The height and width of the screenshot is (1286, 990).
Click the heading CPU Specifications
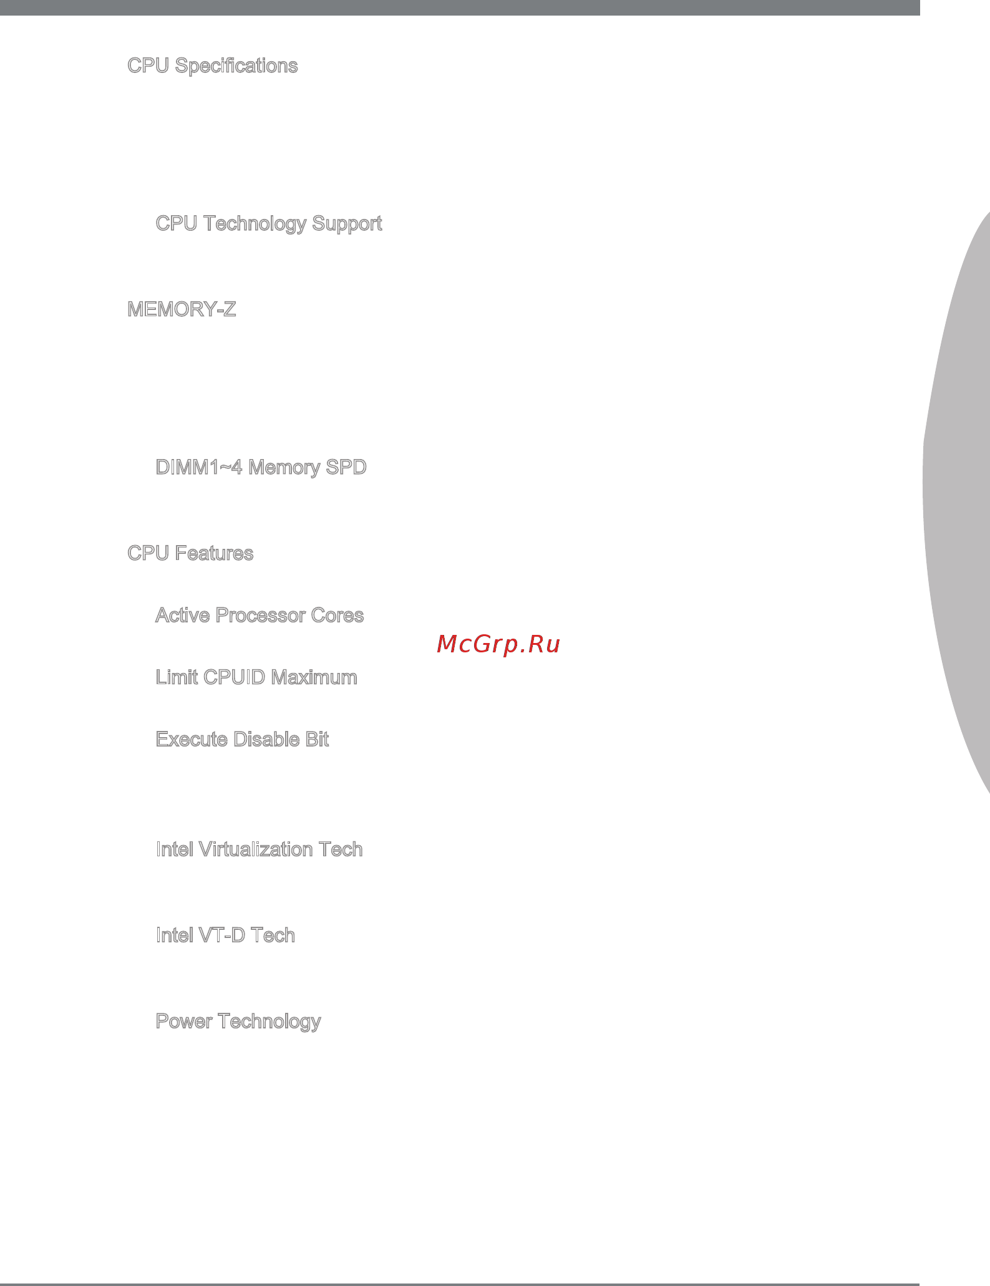[x=212, y=66]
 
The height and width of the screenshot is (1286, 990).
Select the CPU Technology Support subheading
[x=268, y=224]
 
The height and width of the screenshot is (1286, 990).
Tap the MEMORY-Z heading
[x=182, y=309]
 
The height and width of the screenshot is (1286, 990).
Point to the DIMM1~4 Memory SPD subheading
[x=261, y=467]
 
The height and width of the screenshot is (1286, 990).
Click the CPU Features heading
[x=190, y=553]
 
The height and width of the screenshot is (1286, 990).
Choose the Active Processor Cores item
[x=260, y=616]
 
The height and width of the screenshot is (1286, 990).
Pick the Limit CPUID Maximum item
[x=256, y=677]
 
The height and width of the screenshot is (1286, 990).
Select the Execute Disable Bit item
[x=242, y=739]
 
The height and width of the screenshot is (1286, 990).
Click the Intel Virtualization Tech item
[x=259, y=849]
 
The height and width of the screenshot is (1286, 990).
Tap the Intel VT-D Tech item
[x=225, y=935]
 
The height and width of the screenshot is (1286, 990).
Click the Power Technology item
[x=238, y=1022]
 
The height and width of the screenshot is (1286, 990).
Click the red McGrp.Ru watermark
[x=498, y=644]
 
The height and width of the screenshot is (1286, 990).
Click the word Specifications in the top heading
[x=236, y=66]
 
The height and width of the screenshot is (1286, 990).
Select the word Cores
[x=337, y=616]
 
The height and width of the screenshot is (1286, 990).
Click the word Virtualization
[x=256, y=849]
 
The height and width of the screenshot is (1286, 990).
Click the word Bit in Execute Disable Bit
[x=317, y=739]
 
